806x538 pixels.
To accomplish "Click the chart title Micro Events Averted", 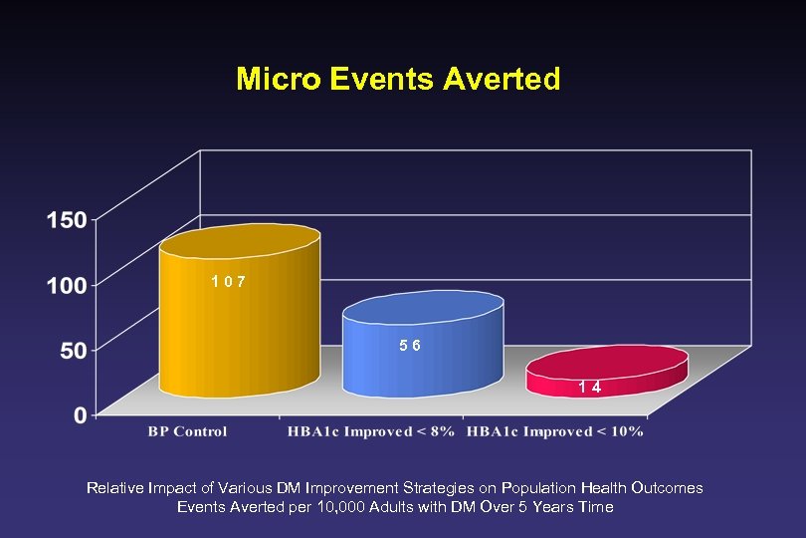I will pos(398,79).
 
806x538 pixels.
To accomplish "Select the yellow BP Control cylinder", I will pos(240,319).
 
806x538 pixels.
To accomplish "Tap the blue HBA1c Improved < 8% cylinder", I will pos(423,349).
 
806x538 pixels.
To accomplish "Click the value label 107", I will pos(228,282).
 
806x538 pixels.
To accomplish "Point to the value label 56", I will pos(410,346).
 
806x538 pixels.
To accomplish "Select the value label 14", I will pos(590,388).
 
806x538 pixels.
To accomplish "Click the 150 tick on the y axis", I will pos(66,219).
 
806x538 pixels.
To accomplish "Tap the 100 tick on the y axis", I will pos(66,284).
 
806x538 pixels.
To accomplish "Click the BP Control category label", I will pos(187,431).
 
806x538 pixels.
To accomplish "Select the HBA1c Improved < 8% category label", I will pos(370,431).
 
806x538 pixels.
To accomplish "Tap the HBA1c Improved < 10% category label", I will pos(554,431).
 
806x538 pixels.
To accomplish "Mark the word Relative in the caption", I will pos(113,488).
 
